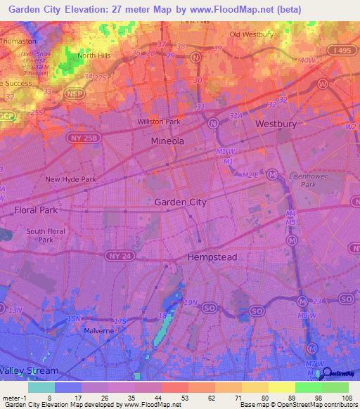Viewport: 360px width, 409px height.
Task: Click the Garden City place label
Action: click(180, 202)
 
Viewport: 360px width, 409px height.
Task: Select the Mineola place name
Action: click(168, 141)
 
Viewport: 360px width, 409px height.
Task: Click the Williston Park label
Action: click(159, 122)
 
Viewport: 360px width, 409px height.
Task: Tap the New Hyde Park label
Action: click(70, 179)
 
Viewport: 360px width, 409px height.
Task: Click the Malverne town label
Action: click(98, 330)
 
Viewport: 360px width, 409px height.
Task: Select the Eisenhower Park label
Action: click(304, 181)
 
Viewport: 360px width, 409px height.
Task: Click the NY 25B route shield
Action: click(79, 138)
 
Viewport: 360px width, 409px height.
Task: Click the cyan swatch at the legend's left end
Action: click(41, 387)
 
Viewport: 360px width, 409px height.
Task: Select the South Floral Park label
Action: click(46, 235)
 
